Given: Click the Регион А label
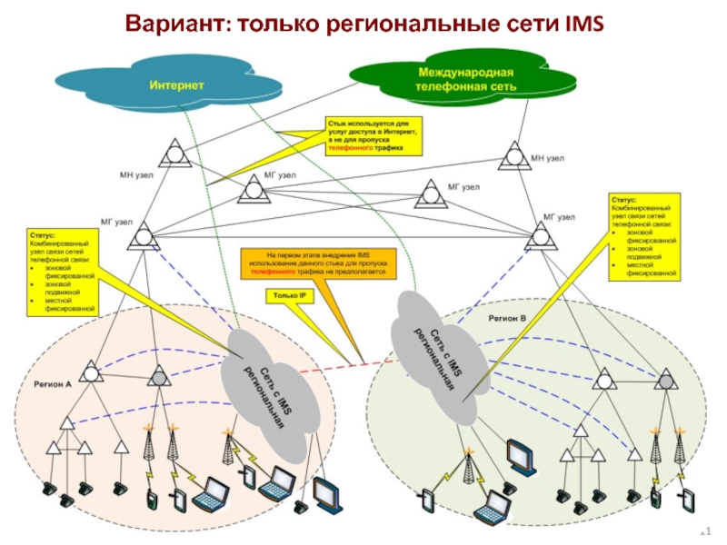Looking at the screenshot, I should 53,384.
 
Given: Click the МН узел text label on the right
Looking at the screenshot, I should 548,159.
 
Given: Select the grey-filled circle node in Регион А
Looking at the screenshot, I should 158,373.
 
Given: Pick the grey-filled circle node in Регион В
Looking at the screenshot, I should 667,378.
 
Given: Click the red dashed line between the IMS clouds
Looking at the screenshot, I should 346,368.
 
